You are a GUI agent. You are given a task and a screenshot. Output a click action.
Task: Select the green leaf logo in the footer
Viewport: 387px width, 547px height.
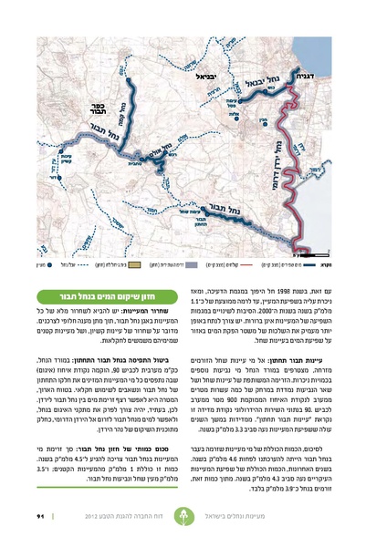[194, 518]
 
